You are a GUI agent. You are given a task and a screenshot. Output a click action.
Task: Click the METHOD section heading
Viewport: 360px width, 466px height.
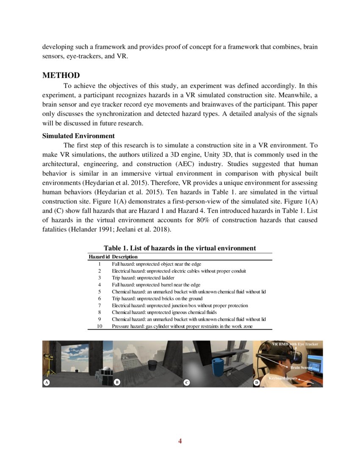(x=61, y=76)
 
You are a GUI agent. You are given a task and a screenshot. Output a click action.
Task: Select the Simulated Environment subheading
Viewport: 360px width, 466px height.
(x=78, y=136)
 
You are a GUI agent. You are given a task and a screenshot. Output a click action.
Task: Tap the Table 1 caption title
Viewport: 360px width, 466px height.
(x=180, y=248)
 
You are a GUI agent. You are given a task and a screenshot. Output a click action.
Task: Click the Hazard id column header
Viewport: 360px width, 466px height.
(x=99, y=257)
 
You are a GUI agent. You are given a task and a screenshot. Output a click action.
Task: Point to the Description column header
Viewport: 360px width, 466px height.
(x=125, y=257)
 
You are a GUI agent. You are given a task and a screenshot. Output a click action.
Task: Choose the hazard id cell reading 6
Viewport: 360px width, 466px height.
(x=99, y=298)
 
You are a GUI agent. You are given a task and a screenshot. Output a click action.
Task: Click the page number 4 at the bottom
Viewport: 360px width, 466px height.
(x=180, y=441)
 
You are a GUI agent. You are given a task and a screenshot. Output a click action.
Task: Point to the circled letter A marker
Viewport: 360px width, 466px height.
(x=47, y=383)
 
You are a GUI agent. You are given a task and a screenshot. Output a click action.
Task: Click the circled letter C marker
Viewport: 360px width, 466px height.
(x=186, y=383)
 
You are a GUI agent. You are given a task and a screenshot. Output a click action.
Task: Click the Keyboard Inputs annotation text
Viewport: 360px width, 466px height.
(x=283, y=377)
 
